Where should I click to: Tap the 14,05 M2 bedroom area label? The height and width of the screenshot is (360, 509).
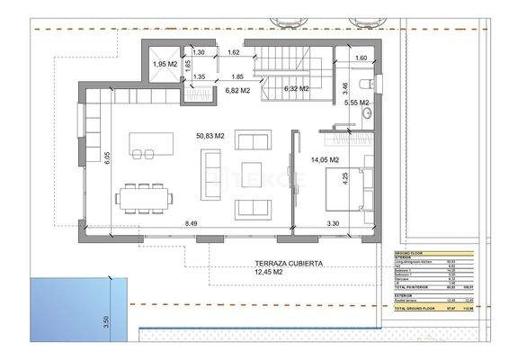[x=323, y=159]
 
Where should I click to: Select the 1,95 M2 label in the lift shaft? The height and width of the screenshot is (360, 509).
[x=164, y=64]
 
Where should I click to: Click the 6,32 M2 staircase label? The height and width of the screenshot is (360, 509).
[x=296, y=89]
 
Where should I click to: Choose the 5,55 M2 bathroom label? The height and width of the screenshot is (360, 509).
[x=357, y=103]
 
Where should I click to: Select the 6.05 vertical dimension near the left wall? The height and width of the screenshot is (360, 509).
[x=105, y=157]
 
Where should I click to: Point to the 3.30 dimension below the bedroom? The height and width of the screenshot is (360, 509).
[x=332, y=222]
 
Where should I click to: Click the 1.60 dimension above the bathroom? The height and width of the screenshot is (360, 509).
[x=362, y=59]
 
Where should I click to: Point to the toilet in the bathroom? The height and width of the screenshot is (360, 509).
[x=362, y=84]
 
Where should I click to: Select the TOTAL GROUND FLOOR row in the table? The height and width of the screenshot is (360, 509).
[x=433, y=308]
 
